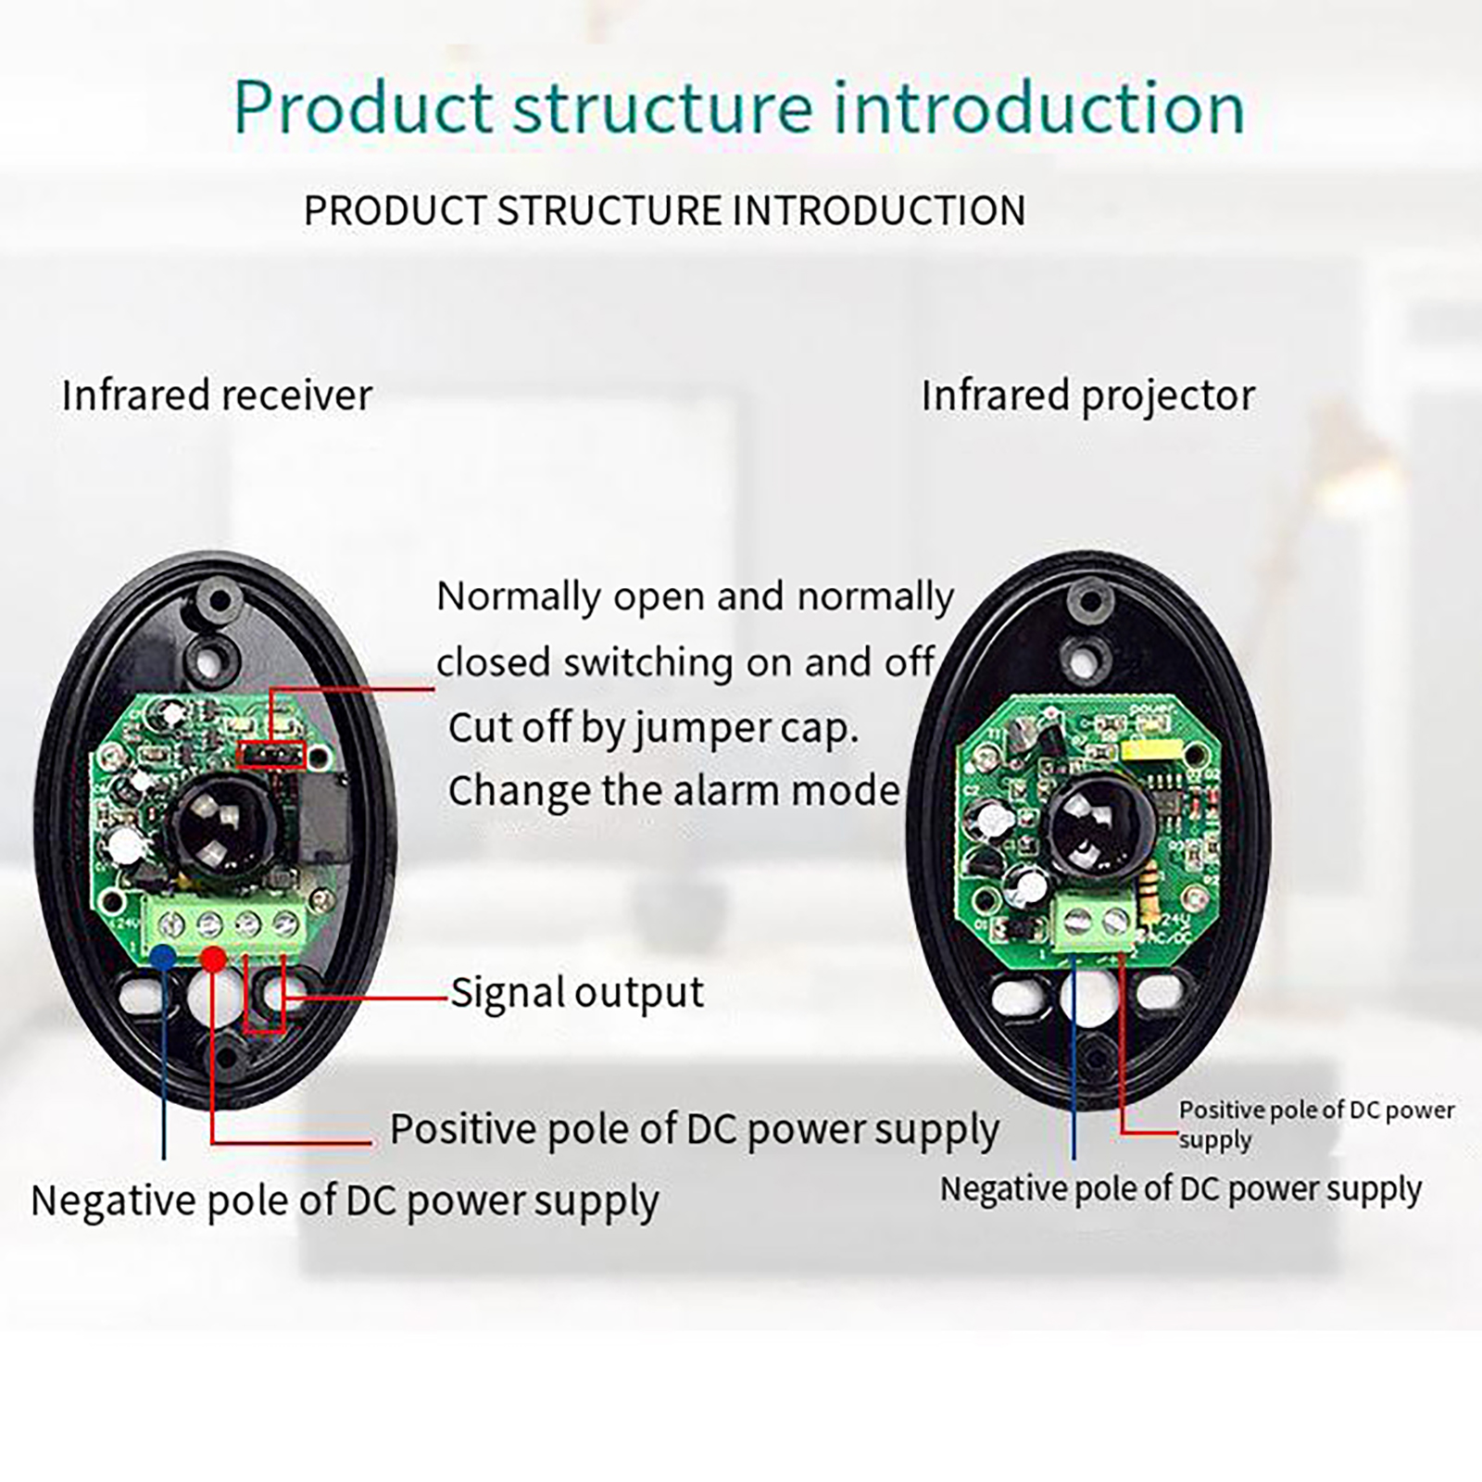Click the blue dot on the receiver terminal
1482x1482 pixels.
163,957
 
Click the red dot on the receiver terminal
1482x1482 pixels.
214,959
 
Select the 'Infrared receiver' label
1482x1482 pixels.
218,396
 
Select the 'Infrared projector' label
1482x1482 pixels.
1088,396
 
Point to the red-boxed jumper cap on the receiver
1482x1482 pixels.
271,755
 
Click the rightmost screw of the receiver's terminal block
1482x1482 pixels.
288,923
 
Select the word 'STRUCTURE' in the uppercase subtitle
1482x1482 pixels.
609,211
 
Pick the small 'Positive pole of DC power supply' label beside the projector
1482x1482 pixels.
1316,1124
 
